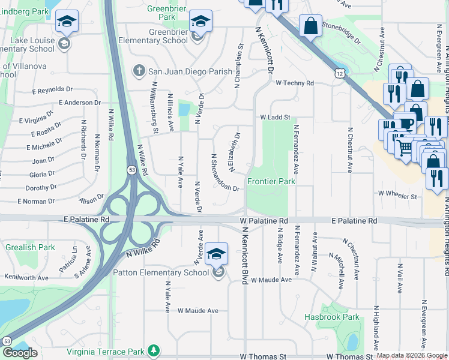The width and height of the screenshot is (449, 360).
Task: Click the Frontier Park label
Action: [x=271, y=181]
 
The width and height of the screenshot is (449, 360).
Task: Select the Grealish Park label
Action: [x=30, y=247]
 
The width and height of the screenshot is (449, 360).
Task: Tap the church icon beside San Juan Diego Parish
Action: [x=139, y=71]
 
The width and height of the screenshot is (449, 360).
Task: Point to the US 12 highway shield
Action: [x=340, y=73]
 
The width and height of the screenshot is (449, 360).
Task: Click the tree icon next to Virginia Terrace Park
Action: [x=154, y=349]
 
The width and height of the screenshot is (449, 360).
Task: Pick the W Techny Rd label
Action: [x=295, y=83]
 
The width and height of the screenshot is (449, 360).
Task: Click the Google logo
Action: [x=20, y=353]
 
